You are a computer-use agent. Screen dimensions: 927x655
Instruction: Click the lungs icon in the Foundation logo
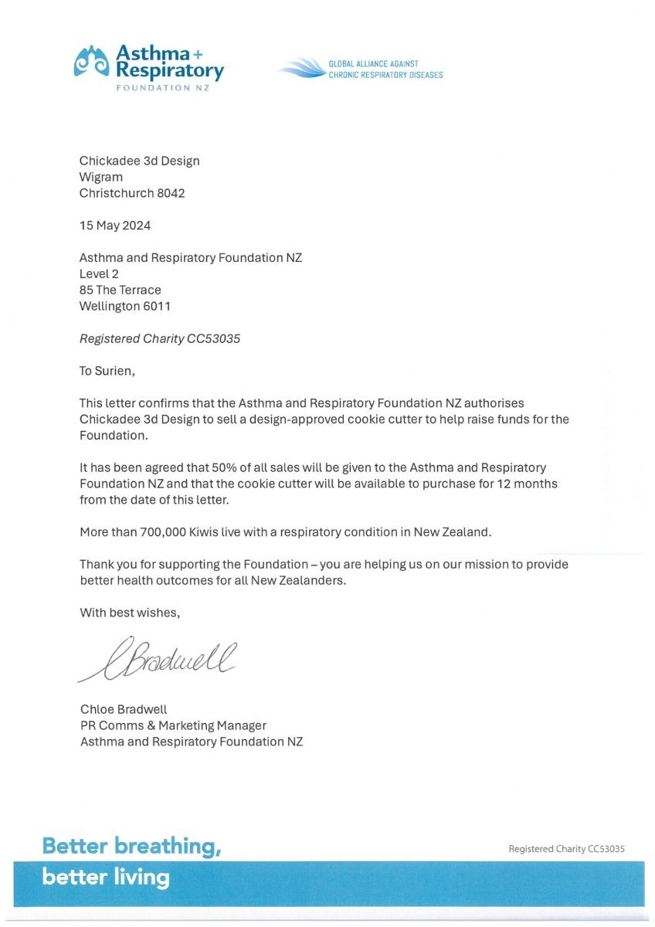tap(92, 62)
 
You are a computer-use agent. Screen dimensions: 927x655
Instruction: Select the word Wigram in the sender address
tap(101, 177)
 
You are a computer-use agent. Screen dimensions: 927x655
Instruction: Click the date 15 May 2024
tap(115, 226)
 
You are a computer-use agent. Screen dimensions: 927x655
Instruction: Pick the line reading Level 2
tap(99, 273)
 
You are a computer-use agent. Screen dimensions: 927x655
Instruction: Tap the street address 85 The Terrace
tap(120, 290)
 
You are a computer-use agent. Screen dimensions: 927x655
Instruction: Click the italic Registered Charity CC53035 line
tap(160, 338)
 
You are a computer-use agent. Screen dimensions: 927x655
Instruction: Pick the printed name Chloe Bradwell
tap(124, 709)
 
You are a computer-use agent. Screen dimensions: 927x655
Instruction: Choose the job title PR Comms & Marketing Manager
tap(173, 725)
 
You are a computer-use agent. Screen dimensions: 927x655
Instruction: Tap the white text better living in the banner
tap(106, 878)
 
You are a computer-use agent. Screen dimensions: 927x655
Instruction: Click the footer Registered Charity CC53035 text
tap(566, 848)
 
